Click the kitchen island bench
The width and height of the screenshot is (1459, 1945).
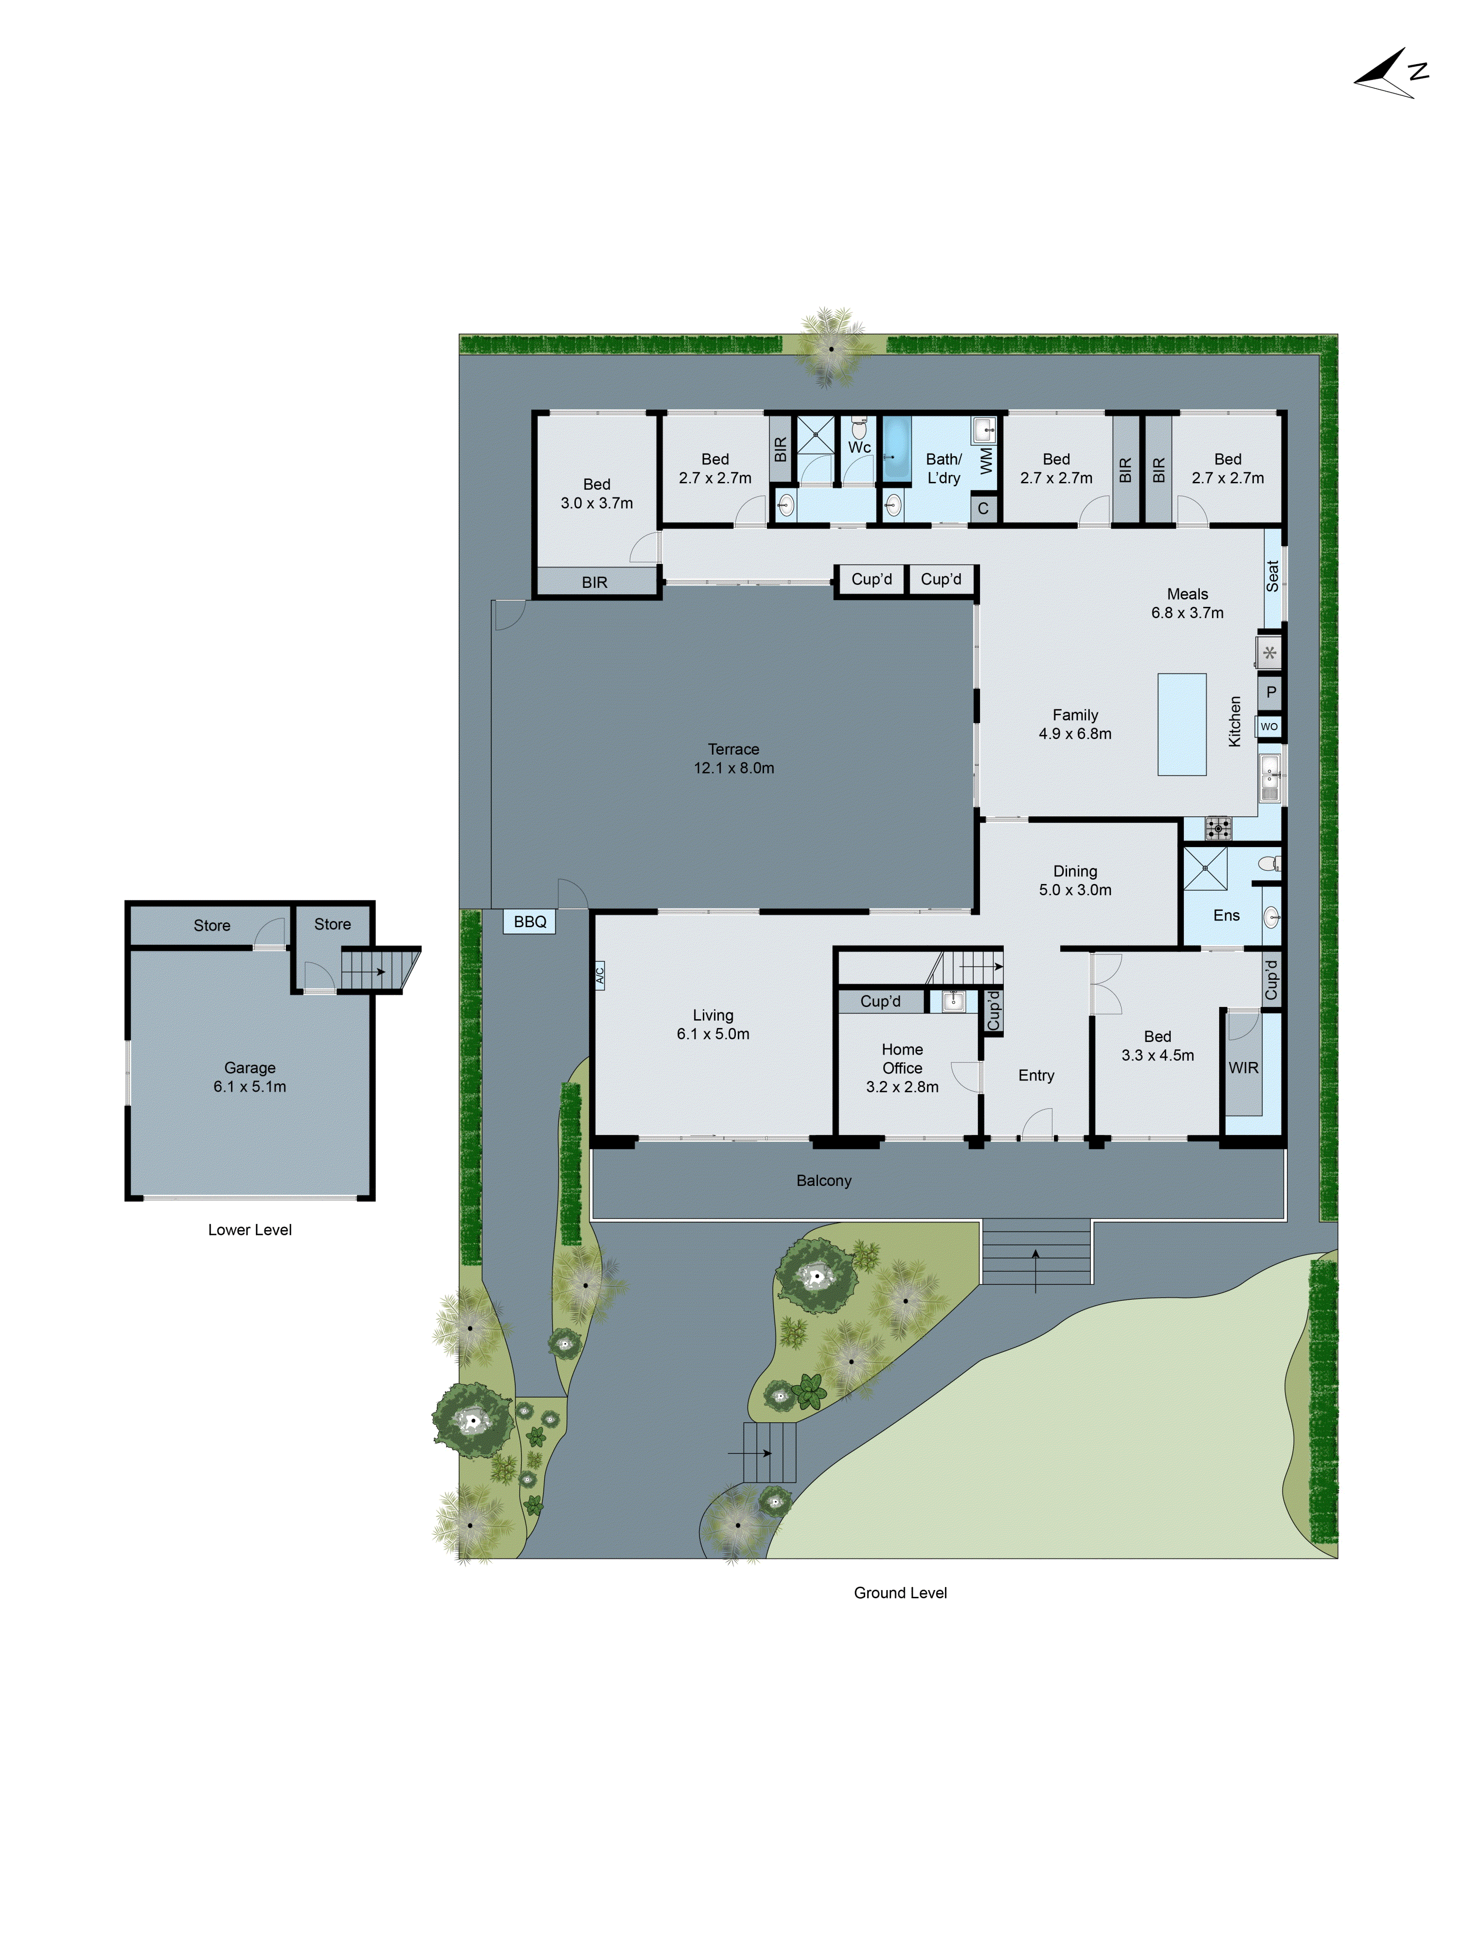tap(1181, 725)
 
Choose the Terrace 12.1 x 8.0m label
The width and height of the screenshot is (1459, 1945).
tap(733, 758)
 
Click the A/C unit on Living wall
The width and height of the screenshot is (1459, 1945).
tap(600, 974)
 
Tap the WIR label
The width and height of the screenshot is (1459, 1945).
tap(1243, 1067)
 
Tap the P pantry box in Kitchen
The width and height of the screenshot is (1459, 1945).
tap(1270, 692)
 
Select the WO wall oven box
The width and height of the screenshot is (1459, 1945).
tap(1269, 726)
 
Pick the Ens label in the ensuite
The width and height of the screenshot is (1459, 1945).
tap(1226, 915)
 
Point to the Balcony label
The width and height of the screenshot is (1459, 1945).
tap(823, 1180)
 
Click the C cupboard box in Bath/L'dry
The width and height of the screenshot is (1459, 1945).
tap(983, 508)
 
